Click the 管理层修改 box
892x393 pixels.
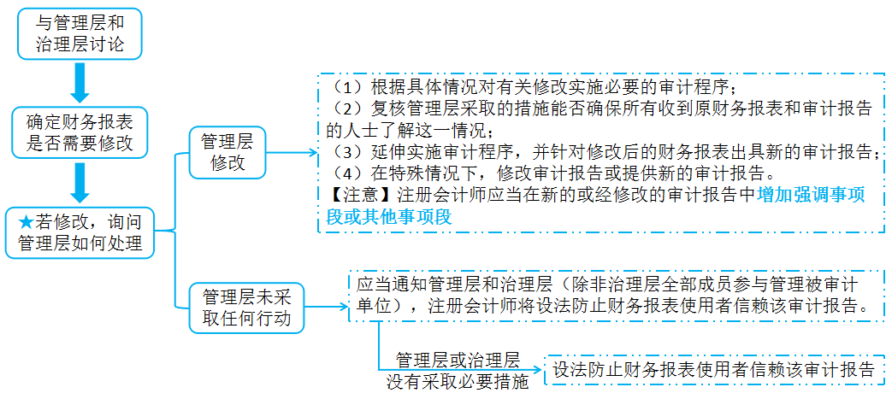[227, 152]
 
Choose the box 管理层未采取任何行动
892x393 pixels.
[247, 308]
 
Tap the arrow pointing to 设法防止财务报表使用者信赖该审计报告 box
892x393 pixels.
[535, 371]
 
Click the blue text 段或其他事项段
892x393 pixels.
[389, 217]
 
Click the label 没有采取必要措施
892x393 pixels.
[458, 381]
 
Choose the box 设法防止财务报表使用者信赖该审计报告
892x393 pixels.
[714, 370]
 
